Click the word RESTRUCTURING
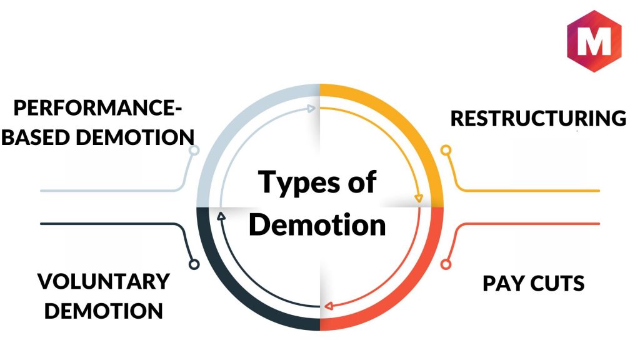(538, 118)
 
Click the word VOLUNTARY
(104, 281)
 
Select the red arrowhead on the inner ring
(327, 306)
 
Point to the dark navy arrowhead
(220, 216)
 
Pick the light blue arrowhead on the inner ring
(312, 108)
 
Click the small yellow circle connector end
(446, 150)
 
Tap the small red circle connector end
(446, 264)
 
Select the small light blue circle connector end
(194, 150)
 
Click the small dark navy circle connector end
(194, 264)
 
